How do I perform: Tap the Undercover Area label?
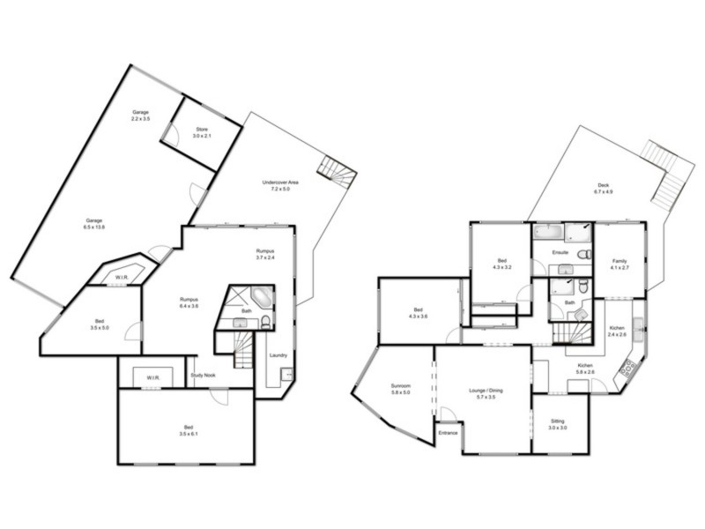point(280,185)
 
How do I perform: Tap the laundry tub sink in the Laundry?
point(286,375)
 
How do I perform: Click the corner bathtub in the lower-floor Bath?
point(262,296)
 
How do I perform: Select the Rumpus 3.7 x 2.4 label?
point(266,255)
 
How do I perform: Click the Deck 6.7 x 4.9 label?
point(603,188)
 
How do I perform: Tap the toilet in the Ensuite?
point(583,255)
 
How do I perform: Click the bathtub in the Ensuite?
point(548,233)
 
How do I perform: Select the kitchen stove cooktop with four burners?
point(628,368)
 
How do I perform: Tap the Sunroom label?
point(400,389)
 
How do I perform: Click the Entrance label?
point(448,433)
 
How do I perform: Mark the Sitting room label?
point(557,425)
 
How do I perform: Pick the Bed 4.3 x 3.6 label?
point(418,313)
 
